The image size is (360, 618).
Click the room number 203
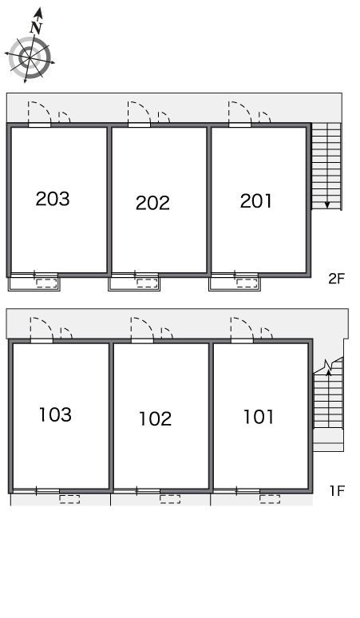[53, 199]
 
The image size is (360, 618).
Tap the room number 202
[152, 203]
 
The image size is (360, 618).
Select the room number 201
[256, 201]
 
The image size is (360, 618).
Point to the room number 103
[55, 414]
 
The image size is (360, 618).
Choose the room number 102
[156, 418]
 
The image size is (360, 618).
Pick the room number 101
[259, 417]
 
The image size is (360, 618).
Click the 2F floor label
[336, 279]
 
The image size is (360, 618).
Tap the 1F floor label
[337, 491]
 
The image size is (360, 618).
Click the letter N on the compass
[36, 27]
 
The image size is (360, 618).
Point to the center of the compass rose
[30, 58]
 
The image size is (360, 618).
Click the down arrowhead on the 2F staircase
[327, 204]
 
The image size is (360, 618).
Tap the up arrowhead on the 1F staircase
[328, 371]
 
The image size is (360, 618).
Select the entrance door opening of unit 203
[39, 125]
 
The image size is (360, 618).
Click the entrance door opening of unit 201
[240, 125]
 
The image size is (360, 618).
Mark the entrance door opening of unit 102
[142, 340]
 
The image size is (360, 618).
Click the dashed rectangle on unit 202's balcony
[147, 283]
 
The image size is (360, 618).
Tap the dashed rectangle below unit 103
[69, 499]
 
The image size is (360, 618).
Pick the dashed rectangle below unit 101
[270, 499]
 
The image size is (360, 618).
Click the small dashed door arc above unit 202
[164, 117]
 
